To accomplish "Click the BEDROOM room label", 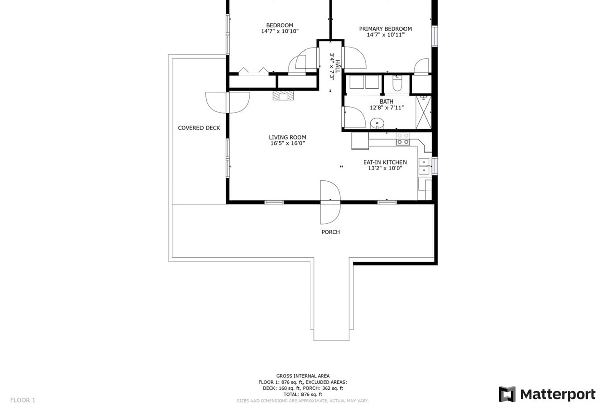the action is (279, 25).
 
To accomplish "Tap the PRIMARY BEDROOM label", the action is (385, 29).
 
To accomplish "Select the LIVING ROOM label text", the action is (287, 137).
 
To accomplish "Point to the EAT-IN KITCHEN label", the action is (385, 162).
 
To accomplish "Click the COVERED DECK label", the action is (199, 128).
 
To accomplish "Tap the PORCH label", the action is (331, 232).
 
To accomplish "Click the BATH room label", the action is (387, 102).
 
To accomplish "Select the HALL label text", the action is (338, 66).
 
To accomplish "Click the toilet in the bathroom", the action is (398, 83).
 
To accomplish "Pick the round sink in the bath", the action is (377, 124).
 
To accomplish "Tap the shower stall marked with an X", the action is (423, 112).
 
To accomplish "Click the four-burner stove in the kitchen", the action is (403, 139).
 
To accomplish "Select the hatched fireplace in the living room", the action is (283, 95).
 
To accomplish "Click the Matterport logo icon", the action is (507, 394).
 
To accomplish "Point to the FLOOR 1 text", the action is (23, 400).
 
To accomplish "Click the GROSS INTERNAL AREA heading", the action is (302, 376).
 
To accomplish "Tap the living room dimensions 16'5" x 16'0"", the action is (287, 143).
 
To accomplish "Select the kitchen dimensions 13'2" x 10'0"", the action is (385, 168).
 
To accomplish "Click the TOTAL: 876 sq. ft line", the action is (302, 394).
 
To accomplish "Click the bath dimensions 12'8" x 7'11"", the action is (387, 108).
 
